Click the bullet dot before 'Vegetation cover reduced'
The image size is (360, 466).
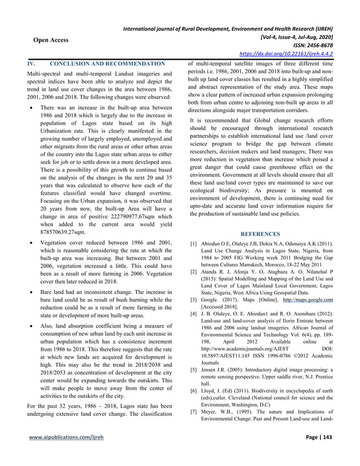[36, 243]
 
